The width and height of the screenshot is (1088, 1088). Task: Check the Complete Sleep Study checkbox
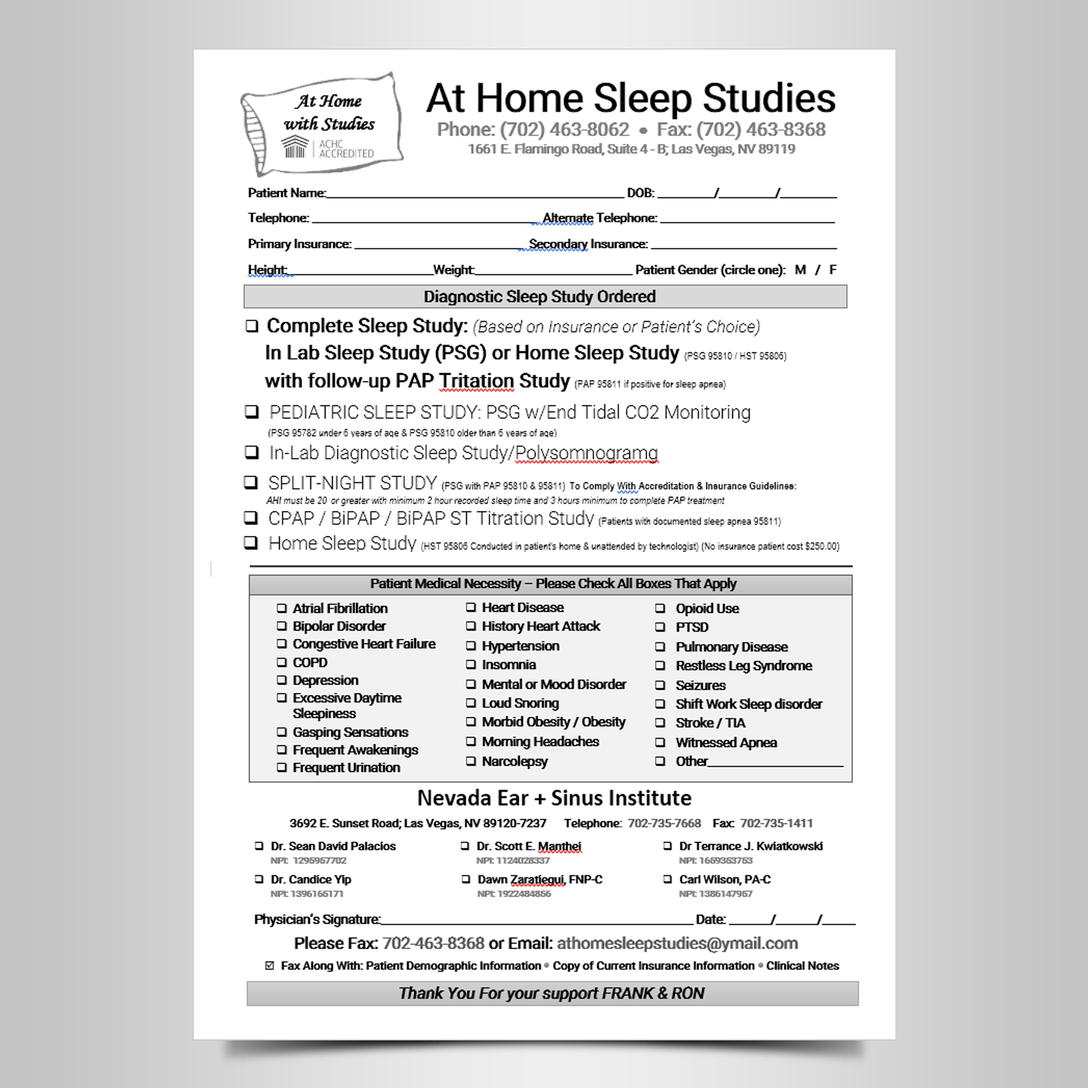click(252, 326)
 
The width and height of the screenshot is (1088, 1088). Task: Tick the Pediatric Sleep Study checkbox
click(251, 412)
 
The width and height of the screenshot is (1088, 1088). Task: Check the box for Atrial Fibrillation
click(282, 608)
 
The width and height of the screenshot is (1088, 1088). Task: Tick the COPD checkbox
click(282, 662)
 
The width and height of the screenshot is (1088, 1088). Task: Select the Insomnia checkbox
click(471, 665)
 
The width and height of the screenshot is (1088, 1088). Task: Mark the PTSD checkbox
click(660, 627)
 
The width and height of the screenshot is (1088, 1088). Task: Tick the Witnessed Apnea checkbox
click(660, 742)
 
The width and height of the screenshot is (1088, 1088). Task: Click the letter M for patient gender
click(800, 270)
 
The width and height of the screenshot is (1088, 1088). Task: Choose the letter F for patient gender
click(833, 270)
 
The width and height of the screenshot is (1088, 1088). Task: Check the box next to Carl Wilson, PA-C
click(667, 879)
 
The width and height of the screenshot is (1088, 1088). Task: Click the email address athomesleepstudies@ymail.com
click(677, 943)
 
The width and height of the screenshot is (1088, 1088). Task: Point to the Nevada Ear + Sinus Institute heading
click(554, 798)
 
